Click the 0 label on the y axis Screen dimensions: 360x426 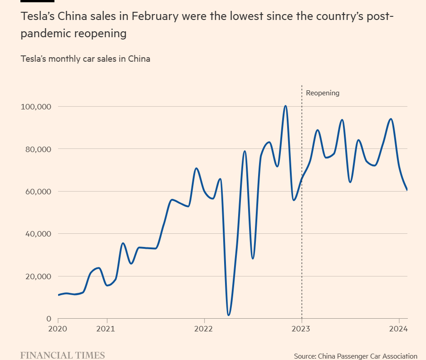click(49, 319)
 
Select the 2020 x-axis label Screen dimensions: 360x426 click(58, 329)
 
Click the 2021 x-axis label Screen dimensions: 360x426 click(107, 329)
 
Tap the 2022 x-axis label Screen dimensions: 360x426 click(204, 329)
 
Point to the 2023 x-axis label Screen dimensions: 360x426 click(302, 329)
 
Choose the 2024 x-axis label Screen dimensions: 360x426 click(399, 329)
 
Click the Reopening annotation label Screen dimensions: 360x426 click(323, 93)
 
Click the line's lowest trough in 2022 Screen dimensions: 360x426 click(229, 315)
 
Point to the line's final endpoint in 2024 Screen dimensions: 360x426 click(407, 189)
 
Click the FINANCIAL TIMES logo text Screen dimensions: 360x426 click(63, 355)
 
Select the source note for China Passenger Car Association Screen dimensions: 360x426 click(355, 356)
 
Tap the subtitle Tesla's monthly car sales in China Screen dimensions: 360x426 click(85, 59)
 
